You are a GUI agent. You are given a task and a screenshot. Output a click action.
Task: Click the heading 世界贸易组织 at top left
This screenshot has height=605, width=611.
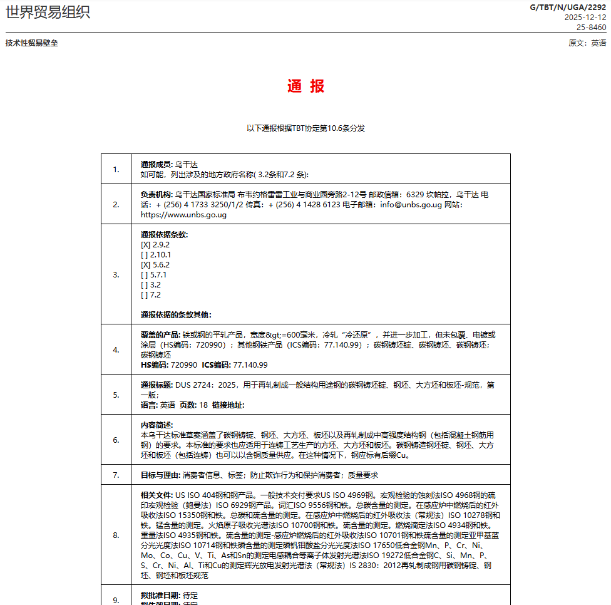48,12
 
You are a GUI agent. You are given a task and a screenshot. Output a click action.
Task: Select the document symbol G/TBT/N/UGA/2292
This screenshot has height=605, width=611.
568,8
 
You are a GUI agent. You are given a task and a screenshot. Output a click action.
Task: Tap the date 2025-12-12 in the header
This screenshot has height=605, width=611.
585,18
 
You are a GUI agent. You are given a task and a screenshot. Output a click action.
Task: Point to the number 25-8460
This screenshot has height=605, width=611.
591,27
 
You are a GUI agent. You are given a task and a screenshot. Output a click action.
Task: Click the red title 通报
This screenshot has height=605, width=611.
305,86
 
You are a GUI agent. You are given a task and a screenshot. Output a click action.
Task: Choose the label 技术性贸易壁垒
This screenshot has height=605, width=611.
31,43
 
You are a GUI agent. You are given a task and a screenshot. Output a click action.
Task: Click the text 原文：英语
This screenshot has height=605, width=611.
587,43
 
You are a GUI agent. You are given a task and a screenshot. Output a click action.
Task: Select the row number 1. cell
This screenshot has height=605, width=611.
116,169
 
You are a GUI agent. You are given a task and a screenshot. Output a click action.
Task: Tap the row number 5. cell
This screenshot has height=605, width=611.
116,395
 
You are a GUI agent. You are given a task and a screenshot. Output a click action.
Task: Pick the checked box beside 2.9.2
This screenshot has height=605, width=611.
146,245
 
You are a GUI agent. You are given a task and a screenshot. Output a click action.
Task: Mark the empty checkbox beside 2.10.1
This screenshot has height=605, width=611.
145,255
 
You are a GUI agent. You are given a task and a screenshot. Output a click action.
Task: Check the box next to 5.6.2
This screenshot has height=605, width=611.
146,265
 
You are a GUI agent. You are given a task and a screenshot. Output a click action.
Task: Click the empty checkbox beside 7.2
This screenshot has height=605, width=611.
145,295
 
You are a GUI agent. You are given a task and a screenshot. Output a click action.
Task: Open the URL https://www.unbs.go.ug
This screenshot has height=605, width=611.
183,215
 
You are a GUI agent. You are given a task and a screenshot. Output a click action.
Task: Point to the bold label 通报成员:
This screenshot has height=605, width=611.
157,164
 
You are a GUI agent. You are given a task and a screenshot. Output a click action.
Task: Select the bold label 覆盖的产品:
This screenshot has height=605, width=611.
160,335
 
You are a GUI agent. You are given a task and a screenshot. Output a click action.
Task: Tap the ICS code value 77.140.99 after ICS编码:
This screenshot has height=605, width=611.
250,365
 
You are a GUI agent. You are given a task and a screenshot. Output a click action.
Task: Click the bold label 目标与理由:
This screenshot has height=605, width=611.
160,475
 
